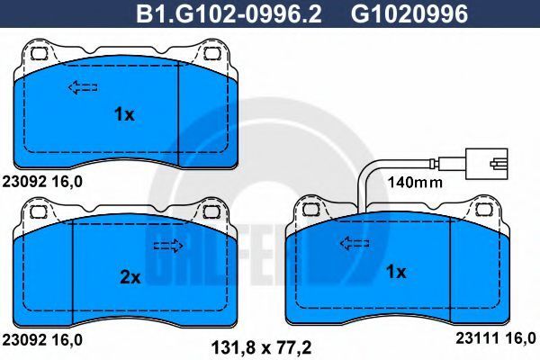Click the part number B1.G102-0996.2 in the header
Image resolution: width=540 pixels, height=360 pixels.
[x=229, y=14]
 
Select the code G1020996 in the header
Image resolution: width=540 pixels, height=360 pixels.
[x=409, y=14]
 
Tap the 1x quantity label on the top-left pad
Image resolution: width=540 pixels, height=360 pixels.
[x=124, y=114]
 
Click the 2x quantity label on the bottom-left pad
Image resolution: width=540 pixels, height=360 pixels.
[x=130, y=277]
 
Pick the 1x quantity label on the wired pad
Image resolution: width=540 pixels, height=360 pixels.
[x=396, y=272]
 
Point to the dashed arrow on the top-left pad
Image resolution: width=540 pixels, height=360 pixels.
[x=83, y=87]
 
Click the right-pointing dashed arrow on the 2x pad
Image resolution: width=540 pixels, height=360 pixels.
[x=168, y=246]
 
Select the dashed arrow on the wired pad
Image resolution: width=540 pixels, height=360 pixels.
[x=355, y=244]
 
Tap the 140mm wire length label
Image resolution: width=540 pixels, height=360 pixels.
[x=415, y=182]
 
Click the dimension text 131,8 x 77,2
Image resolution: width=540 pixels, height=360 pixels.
[x=261, y=347]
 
